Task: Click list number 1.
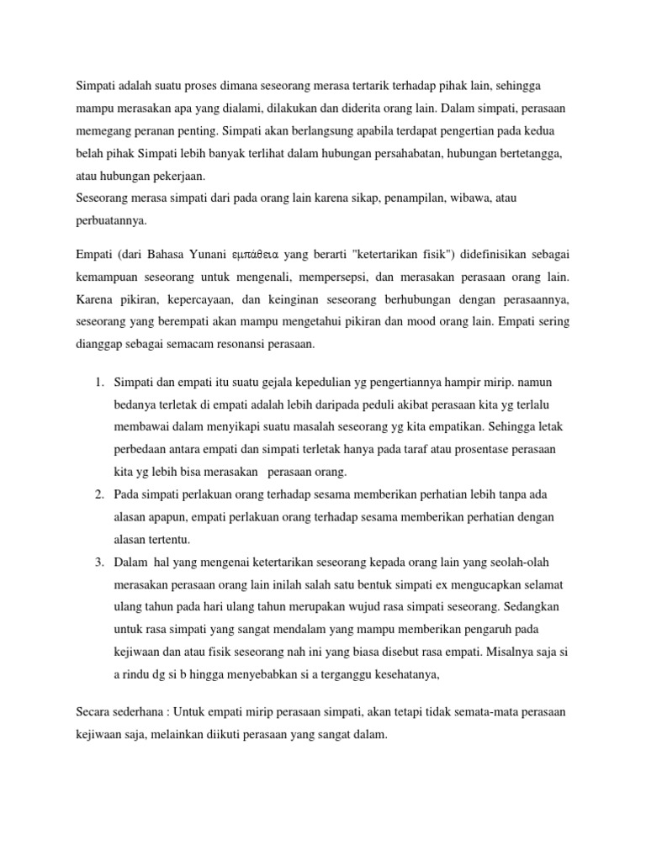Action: [x=98, y=383]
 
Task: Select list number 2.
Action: [x=98, y=493]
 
